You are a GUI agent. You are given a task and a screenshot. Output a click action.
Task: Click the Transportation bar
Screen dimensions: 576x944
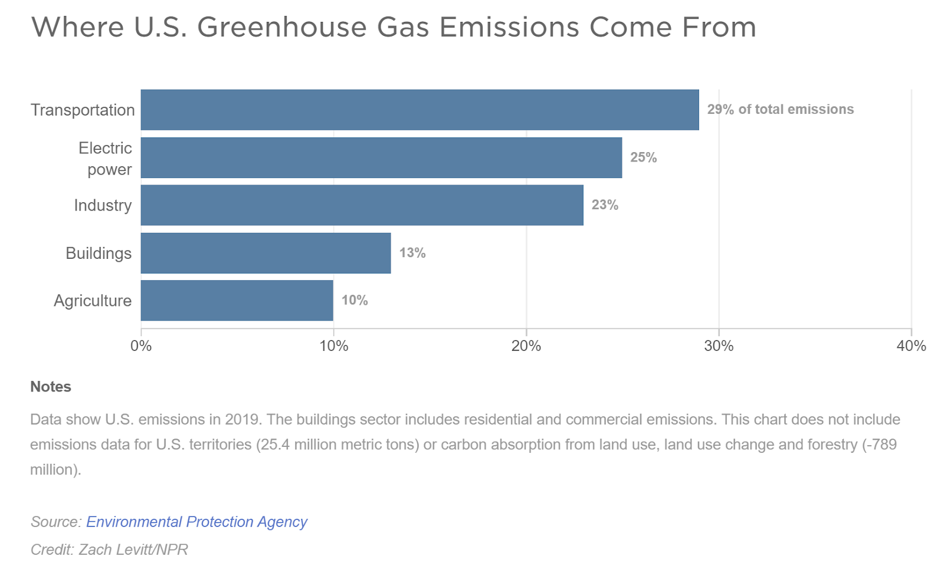(x=419, y=110)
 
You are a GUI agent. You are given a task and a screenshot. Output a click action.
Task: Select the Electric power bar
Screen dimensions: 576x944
(x=381, y=157)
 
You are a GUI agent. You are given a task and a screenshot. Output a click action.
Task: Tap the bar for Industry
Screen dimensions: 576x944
(x=362, y=205)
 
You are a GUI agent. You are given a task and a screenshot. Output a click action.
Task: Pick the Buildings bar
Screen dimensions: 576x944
(x=265, y=253)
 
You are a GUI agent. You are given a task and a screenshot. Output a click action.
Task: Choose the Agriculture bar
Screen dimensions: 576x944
(x=237, y=301)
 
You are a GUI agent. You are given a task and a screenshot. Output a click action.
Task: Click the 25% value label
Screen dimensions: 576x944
(x=643, y=157)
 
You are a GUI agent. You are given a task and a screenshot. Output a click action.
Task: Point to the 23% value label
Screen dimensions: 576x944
(x=605, y=205)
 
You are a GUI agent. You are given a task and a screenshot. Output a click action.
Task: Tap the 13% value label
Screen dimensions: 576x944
(x=412, y=253)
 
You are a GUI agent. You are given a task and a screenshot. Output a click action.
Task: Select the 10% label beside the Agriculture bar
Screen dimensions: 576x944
(x=355, y=301)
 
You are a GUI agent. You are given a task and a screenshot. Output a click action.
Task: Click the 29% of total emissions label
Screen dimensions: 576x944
(x=780, y=110)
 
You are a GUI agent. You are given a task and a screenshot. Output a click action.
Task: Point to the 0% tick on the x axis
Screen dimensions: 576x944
(x=141, y=346)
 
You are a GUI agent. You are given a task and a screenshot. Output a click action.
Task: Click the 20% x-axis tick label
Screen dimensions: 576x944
(x=526, y=346)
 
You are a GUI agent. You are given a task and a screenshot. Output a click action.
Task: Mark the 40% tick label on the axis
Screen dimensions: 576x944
(x=911, y=346)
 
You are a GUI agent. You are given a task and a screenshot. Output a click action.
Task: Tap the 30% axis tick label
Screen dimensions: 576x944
(x=719, y=346)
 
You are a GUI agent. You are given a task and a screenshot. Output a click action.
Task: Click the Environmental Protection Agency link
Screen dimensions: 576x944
(x=196, y=522)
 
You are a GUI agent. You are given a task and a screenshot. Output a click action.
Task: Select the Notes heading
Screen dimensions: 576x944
(x=51, y=387)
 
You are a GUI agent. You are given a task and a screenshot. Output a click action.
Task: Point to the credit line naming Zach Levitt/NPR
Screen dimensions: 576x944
(x=109, y=549)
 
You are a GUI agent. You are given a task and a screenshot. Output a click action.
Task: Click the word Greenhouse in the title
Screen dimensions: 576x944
(x=281, y=28)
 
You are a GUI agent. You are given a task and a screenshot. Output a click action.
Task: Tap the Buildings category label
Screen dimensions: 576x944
(x=99, y=254)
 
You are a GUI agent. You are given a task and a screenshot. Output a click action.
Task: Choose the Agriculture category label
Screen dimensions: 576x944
(x=93, y=301)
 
